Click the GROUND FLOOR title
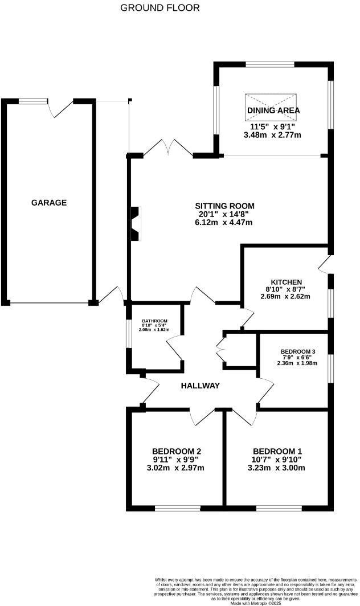click(160, 8)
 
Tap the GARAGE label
click(49, 203)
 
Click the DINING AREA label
click(273, 110)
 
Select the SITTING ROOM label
click(224, 206)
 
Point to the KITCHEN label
click(286, 282)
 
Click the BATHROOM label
click(155, 321)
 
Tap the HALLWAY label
click(200, 386)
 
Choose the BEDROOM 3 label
click(297, 351)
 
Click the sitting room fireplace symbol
click(136, 224)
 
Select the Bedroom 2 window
click(178, 506)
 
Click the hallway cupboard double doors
click(220, 351)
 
